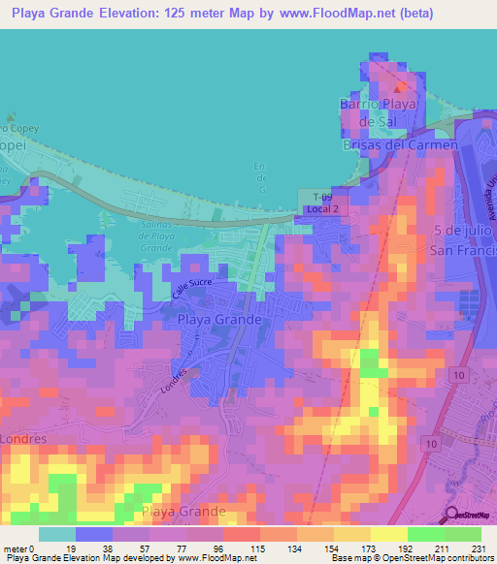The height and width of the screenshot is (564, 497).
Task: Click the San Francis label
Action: coord(463,248)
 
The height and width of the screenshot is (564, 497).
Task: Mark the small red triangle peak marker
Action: coord(397,88)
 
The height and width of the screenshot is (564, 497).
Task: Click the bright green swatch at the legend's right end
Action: coord(462,534)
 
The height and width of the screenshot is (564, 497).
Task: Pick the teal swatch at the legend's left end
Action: coord(56,534)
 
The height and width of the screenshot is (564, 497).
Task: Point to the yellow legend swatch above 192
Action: coord(388,534)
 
